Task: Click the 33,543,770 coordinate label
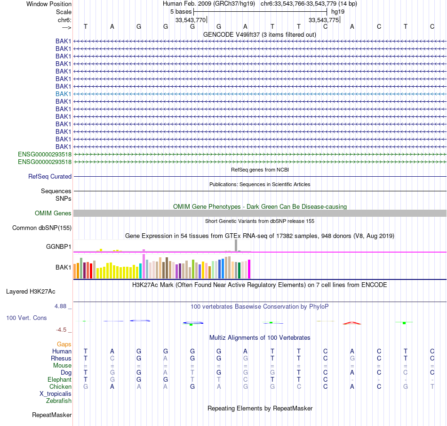[x=191, y=20]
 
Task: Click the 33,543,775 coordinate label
[x=324, y=20]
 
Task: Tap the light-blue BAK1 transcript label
[x=63, y=94]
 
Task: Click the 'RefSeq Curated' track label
[x=50, y=177]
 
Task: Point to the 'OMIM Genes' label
[x=53, y=213]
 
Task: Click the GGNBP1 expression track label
[x=58, y=246]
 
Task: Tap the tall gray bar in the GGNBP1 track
[x=236, y=246]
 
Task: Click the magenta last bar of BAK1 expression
[x=249, y=269]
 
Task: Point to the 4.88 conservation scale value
[x=61, y=306]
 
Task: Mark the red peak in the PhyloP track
[x=352, y=323]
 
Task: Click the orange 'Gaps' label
[x=64, y=344]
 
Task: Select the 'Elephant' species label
[x=59, y=380]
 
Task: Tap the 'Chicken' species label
[x=60, y=387]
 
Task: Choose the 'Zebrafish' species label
[x=59, y=401]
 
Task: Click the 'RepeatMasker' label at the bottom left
[x=52, y=415]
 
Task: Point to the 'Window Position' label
[x=49, y=4]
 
